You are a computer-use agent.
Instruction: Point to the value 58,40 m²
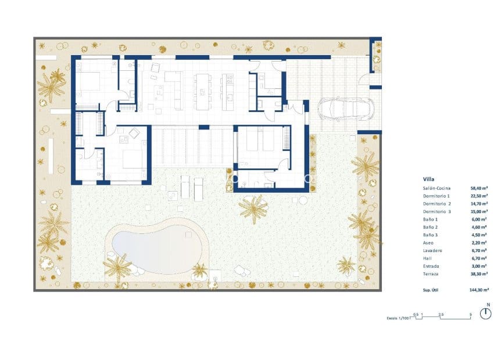pyautogui.click(x=479, y=188)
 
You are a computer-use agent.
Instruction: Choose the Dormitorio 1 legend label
pyautogui.click(x=436, y=196)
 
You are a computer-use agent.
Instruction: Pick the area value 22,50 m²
pyautogui.click(x=479, y=196)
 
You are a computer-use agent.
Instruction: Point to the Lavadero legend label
pyautogui.click(x=432, y=250)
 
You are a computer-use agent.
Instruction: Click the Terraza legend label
pyautogui.click(x=431, y=273)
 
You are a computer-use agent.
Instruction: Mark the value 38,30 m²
pyautogui.click(x=479, y=273)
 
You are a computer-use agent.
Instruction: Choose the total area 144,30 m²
pyautogui.click(x=478, y=289)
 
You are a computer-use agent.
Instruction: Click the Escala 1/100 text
pyautogui.click(x=398, y=318)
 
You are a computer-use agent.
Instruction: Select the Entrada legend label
pyautogui.click(x=431, y=265)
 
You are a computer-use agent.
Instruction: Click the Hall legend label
pyautogui.click(x=428, y=258)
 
